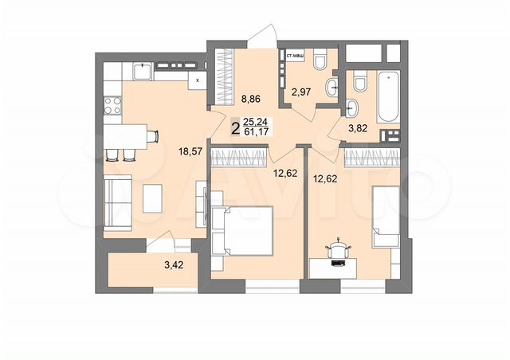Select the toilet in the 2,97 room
[320, 61]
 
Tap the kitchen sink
[142, 72]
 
